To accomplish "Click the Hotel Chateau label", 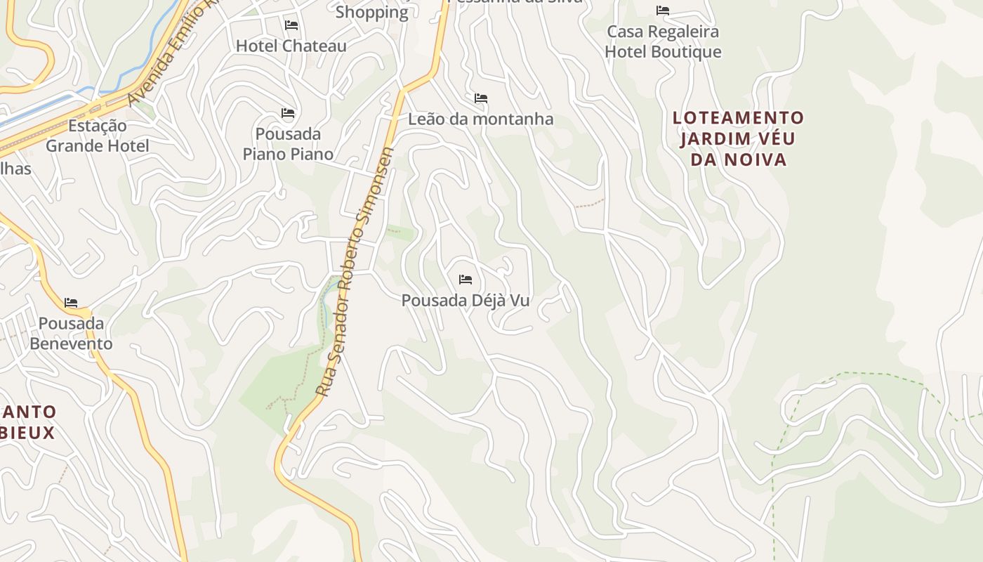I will [291, 46].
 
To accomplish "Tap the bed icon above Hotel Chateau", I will [291, 25].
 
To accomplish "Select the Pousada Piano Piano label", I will [288, 144].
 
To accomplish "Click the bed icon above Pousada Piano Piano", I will [287, 113].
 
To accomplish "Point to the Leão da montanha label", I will [480, 119].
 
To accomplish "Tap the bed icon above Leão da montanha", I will [481, 98].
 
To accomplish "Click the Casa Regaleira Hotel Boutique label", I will [663, 42].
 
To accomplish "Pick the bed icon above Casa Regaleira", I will [663, 11].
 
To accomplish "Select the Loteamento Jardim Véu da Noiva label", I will [738, 138].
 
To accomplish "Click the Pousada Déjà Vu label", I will [465, 301].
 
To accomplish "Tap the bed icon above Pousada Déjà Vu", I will [466, 280].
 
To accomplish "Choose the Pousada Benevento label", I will [71, 334].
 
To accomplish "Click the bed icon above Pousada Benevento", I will [71, 303].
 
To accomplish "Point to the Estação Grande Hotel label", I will [98, 136].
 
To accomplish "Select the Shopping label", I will [371, 13].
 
